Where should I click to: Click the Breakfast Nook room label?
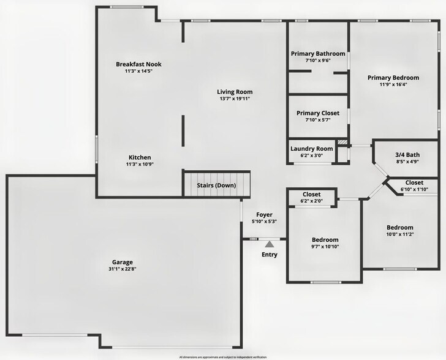pyautogui.click(x=138, y=64)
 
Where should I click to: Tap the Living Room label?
pyautogui.click(x=235, y=92)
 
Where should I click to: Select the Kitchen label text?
pyautogui.click(x=138, y=157)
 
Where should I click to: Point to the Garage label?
pyautogui.click(x=121, y=262)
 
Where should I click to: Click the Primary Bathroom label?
pyautogui.click(x=317, y=54)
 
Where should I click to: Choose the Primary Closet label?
pyautogui.click(x=317, y=113)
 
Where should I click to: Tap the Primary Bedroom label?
pyautogui.click(x=393, y=78)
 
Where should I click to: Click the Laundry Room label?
pyautogui.click(x=311, y=149)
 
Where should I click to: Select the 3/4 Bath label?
pyautogui.click(x=407, y=155)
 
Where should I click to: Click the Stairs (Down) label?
pyautogui.click(x=216, y=185)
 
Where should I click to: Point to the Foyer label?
pyautogui.click(x=264, y=214)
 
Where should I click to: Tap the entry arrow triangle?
pyautogui.click(x=269, y=244)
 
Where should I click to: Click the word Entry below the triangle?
pyautogui.click(x=269, y=255)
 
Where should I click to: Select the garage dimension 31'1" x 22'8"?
pyautogui.click(x=121, y=269)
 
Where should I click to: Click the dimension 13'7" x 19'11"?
pyautogui.click(x=235, y=99)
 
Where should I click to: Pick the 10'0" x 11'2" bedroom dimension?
pyautogui.click(x=399, y=234)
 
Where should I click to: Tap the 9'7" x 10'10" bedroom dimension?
pyautogui.click(x=325, y=247)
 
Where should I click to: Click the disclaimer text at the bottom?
pyautogui.click(x=222, y=356)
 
